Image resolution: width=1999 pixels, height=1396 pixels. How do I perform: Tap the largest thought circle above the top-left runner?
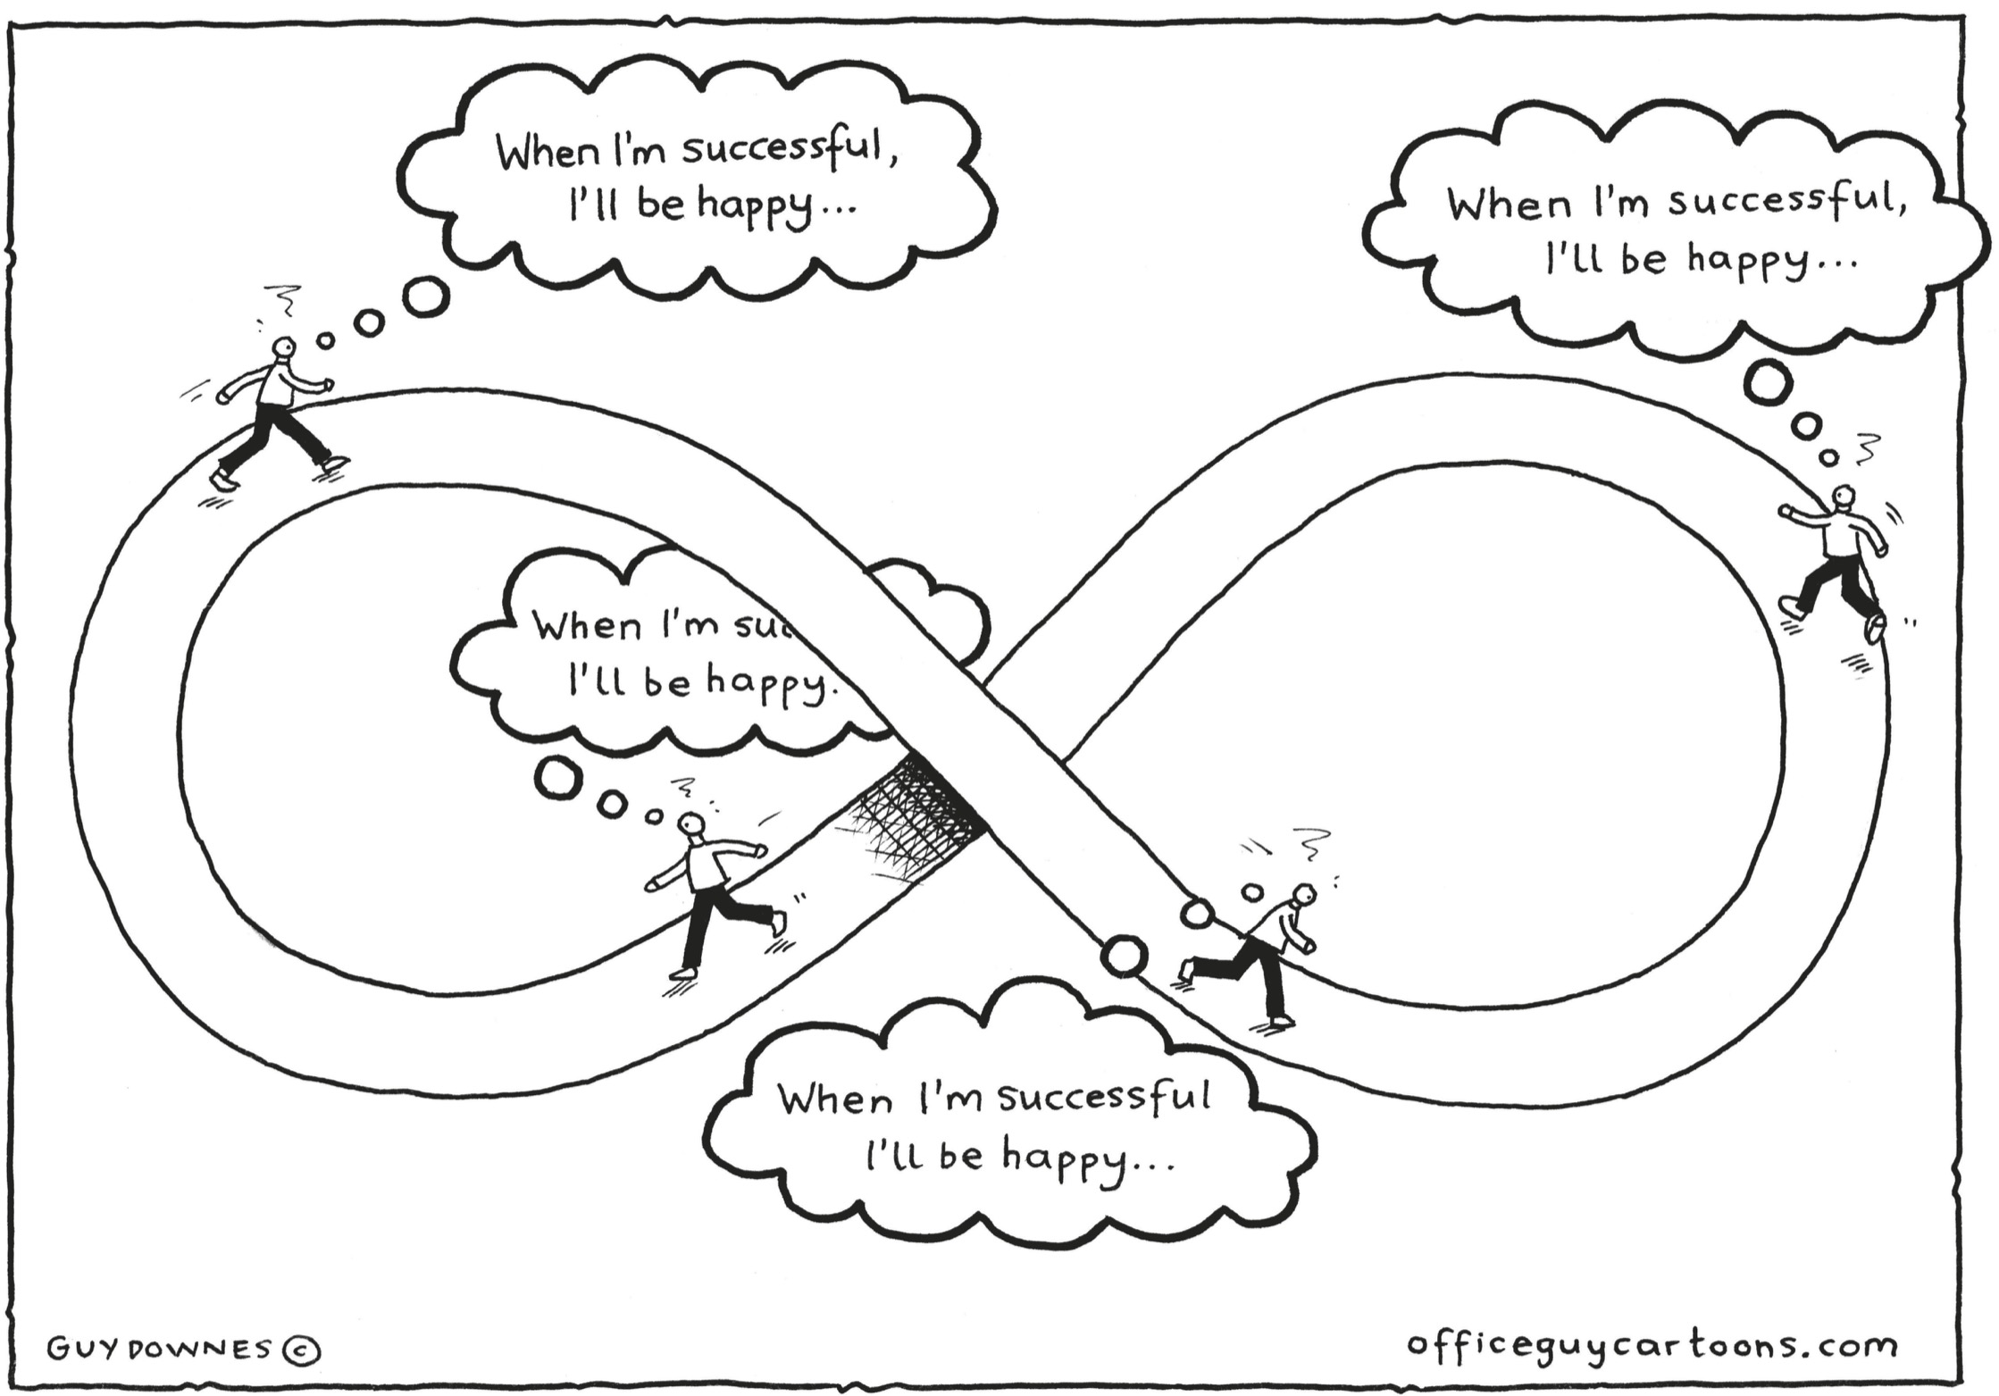(x=425, y=297)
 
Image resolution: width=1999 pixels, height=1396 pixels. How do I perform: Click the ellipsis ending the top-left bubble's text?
(x=840, y=211)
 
